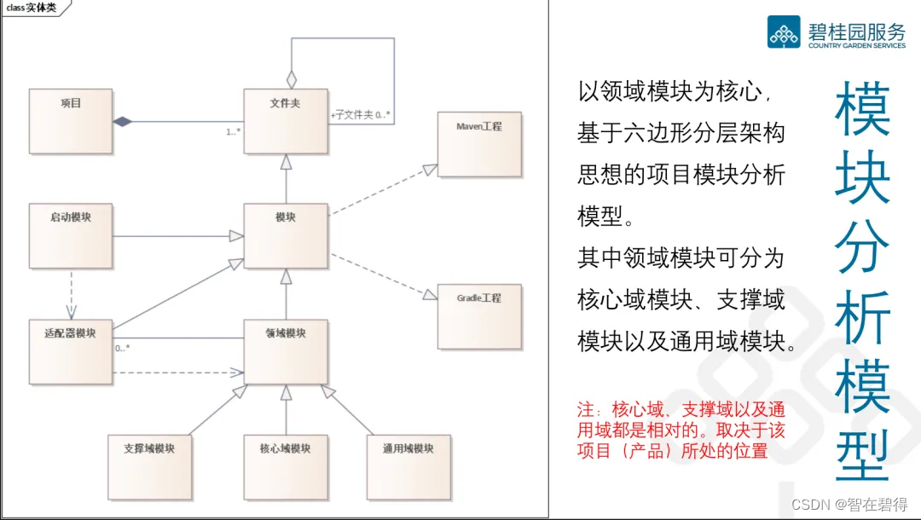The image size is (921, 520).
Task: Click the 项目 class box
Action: coord(70,121)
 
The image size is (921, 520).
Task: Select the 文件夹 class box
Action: coord(285,121)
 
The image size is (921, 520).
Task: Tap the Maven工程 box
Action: coord(478,143)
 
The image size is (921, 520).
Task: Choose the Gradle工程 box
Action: coord(478,315)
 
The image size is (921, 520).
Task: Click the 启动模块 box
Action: coord(70,234)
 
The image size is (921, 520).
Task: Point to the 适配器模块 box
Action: coord(70,350)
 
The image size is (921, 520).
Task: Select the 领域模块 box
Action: coord(285,350)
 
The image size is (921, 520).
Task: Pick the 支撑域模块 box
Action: coord(149,466)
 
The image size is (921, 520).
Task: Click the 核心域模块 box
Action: coord(285,466)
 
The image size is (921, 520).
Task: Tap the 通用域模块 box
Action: coord(408,466)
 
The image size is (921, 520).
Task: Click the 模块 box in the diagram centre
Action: coord(285,234)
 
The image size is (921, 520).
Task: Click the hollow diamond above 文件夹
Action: coord(292,78)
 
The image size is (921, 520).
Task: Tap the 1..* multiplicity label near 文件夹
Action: coord(233,131)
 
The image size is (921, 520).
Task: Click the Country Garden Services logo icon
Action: coord(784,32)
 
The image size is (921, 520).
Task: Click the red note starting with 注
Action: coord(681,430)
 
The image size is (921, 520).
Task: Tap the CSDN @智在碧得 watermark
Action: coord(849,505)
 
